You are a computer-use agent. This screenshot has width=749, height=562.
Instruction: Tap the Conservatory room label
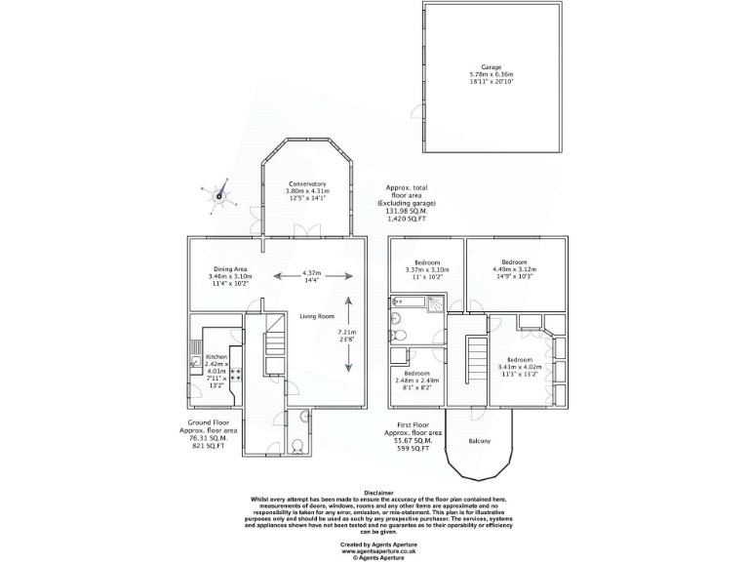[x=306, y=183]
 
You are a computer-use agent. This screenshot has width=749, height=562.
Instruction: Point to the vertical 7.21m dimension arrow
[x=347, y=339]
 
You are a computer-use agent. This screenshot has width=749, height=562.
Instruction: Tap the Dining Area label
[x=229, y=269]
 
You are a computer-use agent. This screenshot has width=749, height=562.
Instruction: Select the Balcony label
[x=478, y=441]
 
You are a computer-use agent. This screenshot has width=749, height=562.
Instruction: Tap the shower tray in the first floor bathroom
[x=400, y=336]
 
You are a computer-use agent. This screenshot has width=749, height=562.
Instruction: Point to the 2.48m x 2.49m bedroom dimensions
[x=416, y=381]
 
